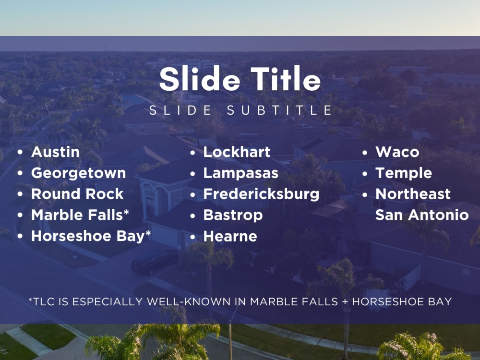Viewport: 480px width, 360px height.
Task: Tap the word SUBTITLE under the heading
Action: click(279, 110)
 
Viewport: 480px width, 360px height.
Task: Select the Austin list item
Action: click(55, 152)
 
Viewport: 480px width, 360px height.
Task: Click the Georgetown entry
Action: click(78, 173)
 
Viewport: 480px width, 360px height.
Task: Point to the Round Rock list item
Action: click(77, 194)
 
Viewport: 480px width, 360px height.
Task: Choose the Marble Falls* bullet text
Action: click(80, 216)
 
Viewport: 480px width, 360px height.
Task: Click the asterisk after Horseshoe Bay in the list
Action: click(148, 234)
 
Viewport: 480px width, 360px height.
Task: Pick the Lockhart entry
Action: click(237, 152)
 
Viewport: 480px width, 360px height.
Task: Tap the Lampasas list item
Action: click(240, 173)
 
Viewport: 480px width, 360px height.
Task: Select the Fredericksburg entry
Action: click(261, 194)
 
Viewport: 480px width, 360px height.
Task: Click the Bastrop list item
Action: click(233, 216)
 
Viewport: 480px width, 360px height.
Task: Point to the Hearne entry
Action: click(230, 237)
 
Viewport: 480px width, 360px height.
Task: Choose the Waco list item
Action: click(397, 152)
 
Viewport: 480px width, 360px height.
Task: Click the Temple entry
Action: click(403, 173)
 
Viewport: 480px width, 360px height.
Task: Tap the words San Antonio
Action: click(421, 215)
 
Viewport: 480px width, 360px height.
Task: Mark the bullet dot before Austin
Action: click(20, 153)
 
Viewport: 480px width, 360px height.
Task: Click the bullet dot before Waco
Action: click(365, 153)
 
